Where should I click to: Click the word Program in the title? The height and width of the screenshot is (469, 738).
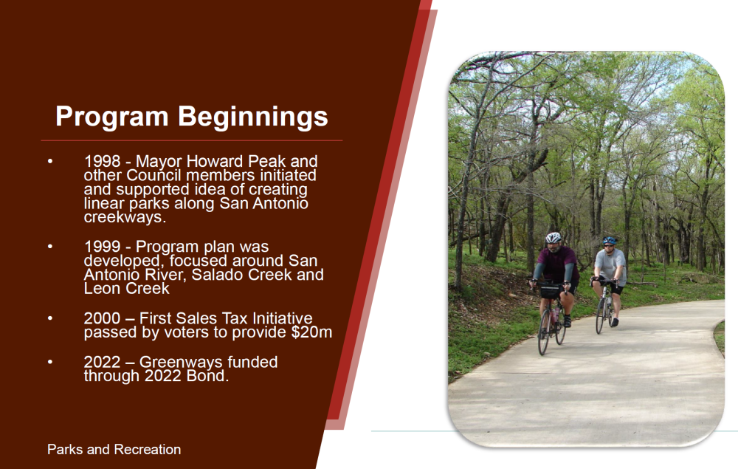(112, 117)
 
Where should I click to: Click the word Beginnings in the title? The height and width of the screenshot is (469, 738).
(252, 117)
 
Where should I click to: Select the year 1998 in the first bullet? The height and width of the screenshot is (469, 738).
(102, 162)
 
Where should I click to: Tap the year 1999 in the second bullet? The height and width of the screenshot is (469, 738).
(102, 247)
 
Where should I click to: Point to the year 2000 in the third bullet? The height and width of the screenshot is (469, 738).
(102, 318)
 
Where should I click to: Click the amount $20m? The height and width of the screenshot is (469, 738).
(311, 332)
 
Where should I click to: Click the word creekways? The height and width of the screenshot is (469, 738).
(125, 217)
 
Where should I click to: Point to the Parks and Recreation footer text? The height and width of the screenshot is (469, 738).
(114, 450)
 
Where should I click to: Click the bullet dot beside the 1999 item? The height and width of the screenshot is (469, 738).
(50, 247)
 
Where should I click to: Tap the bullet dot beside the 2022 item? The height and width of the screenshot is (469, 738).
(50, 362)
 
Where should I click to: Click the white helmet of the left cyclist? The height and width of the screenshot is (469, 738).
(553, 237)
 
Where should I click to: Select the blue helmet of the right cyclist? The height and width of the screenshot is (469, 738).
(610, 240)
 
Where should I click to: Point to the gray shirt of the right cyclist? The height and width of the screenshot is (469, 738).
(610, 266)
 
